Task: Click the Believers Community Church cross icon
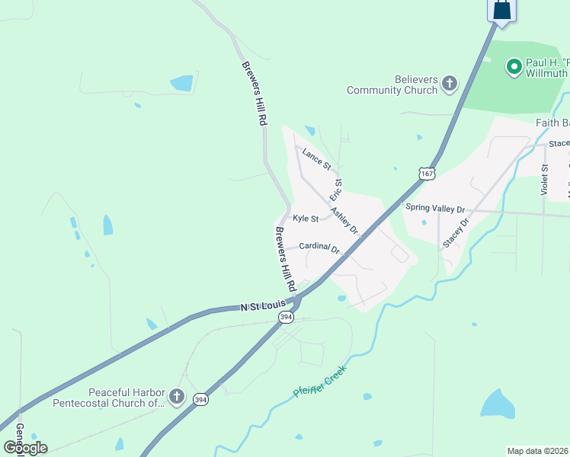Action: [450, 83]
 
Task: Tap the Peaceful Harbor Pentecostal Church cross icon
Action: [177, 396]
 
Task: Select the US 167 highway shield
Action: [427, 174]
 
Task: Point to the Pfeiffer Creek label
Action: [320, 382]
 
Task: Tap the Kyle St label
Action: [306, 219]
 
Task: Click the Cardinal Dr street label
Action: [319, 247]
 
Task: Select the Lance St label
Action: [316, 159]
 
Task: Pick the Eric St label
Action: [336, 190]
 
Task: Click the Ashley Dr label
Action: [344, 220]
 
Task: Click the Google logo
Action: [25, 448]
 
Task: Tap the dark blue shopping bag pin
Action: [502, 10]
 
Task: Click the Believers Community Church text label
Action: [392, 85]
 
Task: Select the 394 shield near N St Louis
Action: [286, 317]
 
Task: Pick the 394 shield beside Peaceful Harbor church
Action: [200, 398]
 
